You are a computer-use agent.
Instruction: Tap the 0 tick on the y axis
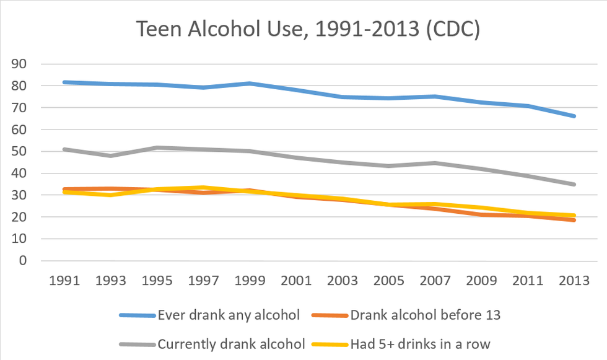pyautogui.click(x=24, y=261)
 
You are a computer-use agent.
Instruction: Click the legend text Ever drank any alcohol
pyautogui.click(x=229, y=315)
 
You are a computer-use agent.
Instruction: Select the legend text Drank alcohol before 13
pyautogui.click(x=425, y=315)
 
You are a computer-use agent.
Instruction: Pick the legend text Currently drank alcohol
pyautogui.click(x=231, y=343)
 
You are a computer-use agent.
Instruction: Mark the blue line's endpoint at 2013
pyautogui.click(x=574, y=116)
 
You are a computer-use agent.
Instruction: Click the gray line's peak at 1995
pyautogui.click(x=158, y=147)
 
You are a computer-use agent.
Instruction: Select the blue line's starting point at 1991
pyautogui.click(x=65, y=82)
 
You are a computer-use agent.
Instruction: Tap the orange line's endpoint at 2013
pyautogui.click(x=574, y=220)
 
